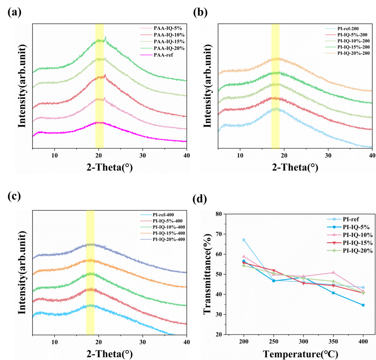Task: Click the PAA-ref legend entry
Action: [x=163, y=55]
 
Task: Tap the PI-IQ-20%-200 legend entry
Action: [x=353, y=53]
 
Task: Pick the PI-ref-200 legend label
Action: [x=348, y=29]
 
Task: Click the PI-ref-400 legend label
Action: [x=163, y=215]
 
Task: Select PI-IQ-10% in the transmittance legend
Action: [x=357, y=235]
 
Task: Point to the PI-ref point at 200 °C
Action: [x=244, y=240]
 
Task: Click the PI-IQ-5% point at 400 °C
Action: [x=363, y=305]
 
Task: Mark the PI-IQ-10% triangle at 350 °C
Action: [x=333, y=272]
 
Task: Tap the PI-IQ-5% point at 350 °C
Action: [x=333, y=293]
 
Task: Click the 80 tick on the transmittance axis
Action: [x=219, y=214]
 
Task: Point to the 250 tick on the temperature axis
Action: [x=274, y=341]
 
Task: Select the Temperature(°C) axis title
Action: [x=300, y=354]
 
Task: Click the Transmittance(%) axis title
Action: [x=208, y=274]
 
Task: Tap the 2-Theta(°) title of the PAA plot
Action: [x=110, y=167]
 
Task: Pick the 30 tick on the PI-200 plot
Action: [x=328, y=156]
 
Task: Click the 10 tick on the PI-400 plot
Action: [x=54, y=342]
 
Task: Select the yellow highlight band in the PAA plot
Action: [x=99, y=86]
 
